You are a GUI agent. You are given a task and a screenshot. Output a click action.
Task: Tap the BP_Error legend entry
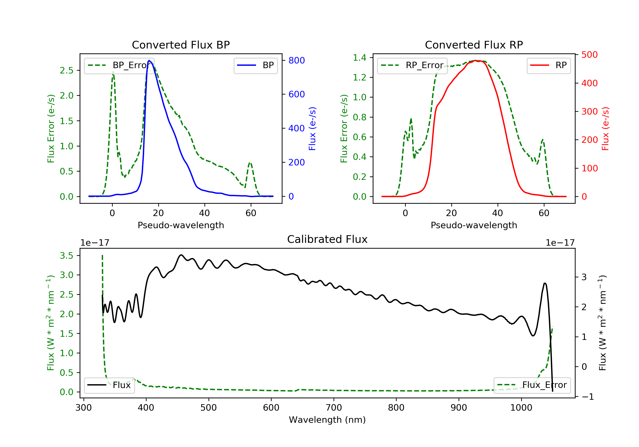(119, 65)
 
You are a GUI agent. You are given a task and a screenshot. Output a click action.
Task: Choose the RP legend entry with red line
(548, 65)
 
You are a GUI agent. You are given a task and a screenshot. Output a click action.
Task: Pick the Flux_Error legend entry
(532, 385)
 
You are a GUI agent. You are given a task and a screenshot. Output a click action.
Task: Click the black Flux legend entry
(109, 385)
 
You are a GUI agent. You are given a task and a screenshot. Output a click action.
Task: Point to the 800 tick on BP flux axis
(296, 60)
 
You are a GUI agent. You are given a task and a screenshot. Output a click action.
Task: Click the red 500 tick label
(589, 55)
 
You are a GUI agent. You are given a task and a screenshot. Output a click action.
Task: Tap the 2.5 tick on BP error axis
(67, 70)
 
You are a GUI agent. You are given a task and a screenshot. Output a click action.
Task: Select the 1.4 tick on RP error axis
(360, 58)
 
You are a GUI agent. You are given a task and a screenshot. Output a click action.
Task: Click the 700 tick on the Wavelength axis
(334, 408)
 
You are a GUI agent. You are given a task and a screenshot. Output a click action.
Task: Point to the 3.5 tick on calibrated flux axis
(67, 256)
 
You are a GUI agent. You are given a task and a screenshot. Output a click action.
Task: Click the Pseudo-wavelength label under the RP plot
(474, 225)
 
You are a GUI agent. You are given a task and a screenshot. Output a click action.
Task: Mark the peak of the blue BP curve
(149, 60)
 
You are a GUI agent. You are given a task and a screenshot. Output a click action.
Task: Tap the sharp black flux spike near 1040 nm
(545, 284)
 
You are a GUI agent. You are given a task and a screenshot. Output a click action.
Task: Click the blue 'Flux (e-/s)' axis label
(312, 129)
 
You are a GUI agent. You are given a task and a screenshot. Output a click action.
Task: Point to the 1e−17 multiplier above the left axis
(95, 243)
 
